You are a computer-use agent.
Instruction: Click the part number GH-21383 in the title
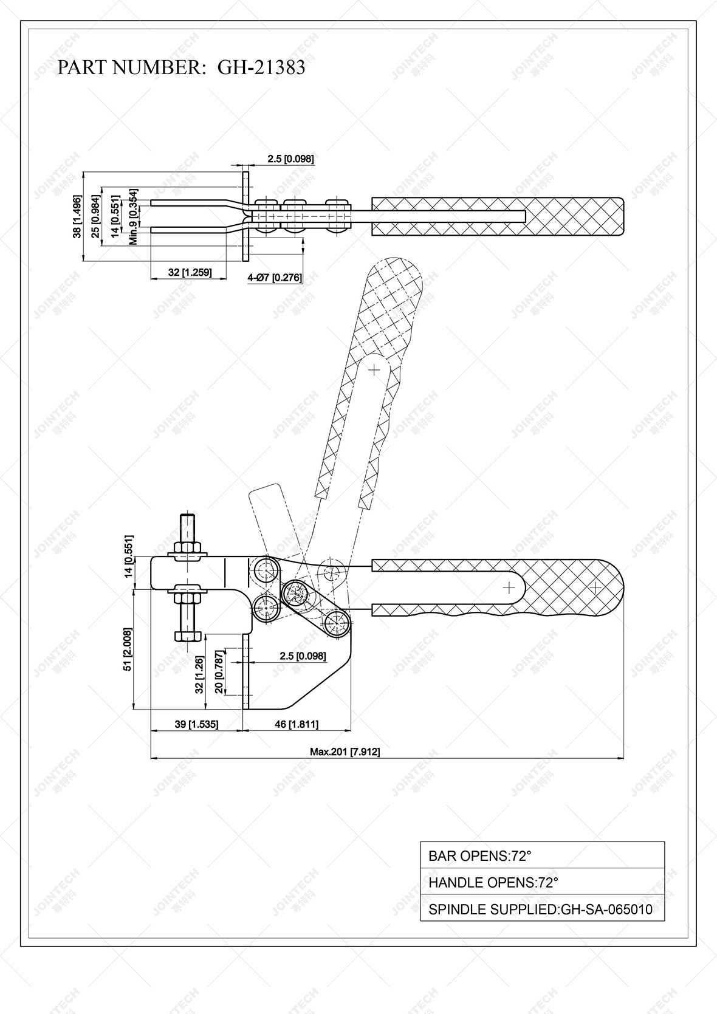point(261,67)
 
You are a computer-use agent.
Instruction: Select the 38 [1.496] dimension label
point(77,216)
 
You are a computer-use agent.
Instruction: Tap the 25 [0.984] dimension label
point(95,216)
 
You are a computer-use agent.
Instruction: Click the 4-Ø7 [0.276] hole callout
point(275,278)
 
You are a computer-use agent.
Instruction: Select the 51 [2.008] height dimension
point(128,649)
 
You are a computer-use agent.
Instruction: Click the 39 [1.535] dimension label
point(196,724)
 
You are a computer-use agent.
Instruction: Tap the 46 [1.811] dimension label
point(297,724)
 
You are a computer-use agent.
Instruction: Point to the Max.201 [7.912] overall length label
point(345,752)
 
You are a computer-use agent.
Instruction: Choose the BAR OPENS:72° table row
point(542,855)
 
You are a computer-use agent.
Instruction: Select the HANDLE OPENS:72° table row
point(542,882)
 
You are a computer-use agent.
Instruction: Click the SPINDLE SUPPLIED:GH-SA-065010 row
point(542,909)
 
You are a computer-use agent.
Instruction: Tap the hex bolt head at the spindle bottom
point(187,636)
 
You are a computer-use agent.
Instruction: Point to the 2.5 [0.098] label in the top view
point(290,159)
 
